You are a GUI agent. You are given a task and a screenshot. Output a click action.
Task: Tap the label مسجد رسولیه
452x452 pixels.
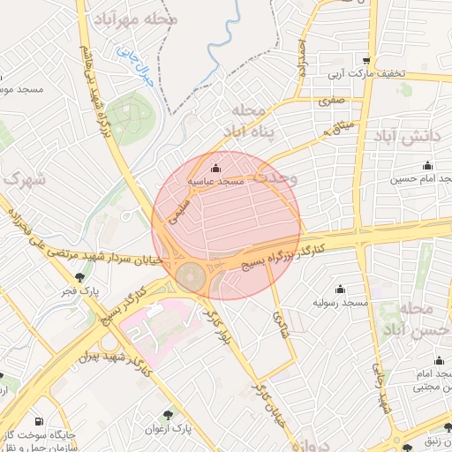coord(341,302)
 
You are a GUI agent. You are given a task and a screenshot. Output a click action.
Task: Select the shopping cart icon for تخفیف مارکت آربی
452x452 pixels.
coord(365,60)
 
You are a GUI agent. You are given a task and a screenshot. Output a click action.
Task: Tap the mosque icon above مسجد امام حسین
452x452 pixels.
coord(427,166)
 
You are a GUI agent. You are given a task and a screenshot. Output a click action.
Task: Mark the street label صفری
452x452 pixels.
coord(331,102)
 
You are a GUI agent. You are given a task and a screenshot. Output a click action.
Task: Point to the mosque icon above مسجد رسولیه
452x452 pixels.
coord(340,289)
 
